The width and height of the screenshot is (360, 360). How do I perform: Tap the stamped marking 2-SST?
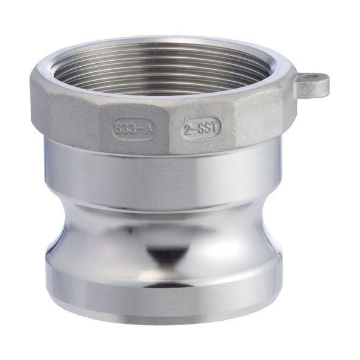[202, 128]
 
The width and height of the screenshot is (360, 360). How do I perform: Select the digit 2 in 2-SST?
[188, 128]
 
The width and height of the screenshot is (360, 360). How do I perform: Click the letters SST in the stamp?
[207, 128]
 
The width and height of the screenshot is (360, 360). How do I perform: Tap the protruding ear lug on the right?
[314, 84]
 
